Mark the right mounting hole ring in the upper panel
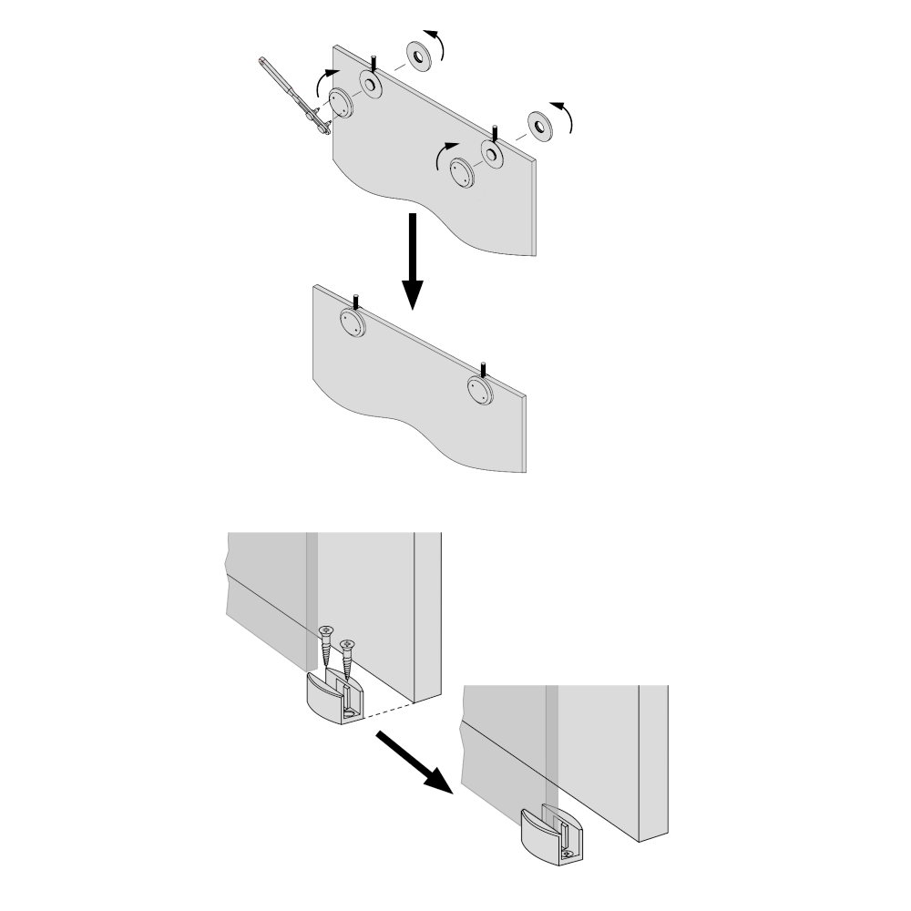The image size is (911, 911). [493, 153]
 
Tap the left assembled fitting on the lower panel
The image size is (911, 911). [351, 320]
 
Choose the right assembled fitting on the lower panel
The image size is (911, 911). [478, 391]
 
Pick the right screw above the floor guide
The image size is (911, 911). [347, 661]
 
